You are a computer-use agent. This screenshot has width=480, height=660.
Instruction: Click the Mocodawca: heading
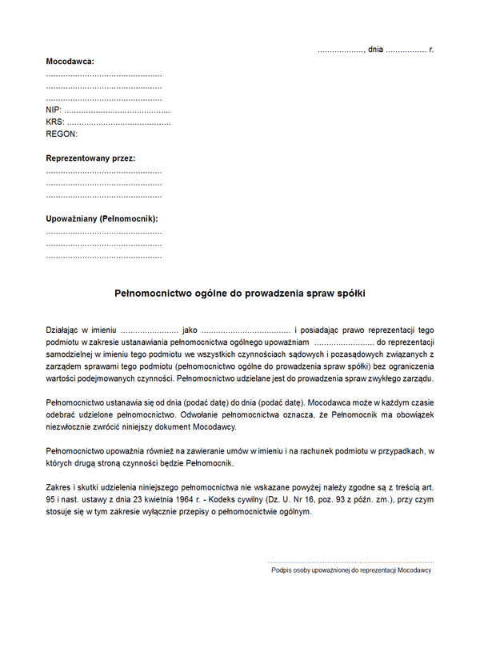pos(70,62)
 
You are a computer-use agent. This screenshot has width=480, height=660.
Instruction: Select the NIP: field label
pos(54,110)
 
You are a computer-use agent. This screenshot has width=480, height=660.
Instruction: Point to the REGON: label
pos(62,134)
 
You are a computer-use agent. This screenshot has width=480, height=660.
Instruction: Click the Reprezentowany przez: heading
pos(91,158)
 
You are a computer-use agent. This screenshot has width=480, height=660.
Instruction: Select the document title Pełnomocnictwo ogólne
pos(240,294)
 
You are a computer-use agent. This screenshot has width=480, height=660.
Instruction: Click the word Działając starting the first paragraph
pos(66,330)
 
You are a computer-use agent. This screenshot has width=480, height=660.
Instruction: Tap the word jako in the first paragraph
pos(190,330)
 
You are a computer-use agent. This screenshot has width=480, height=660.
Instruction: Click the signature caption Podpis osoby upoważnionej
pos(351,570)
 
